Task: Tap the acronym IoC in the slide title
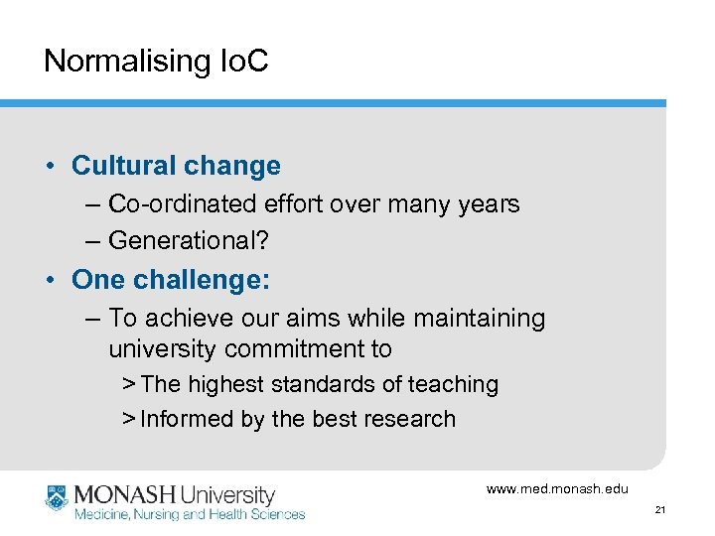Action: tap(244, 62)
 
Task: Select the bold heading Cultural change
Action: tap(176, 166)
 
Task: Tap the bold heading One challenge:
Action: tap(170, 280)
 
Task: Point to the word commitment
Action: tap(298, 349)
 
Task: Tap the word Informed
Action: tap(187, 419)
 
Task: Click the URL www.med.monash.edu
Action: tap(557, 489)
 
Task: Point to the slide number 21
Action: tap(660, 510)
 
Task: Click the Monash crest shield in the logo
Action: tap(57, 496)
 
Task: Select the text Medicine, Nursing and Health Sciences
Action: tap(191, 514)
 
